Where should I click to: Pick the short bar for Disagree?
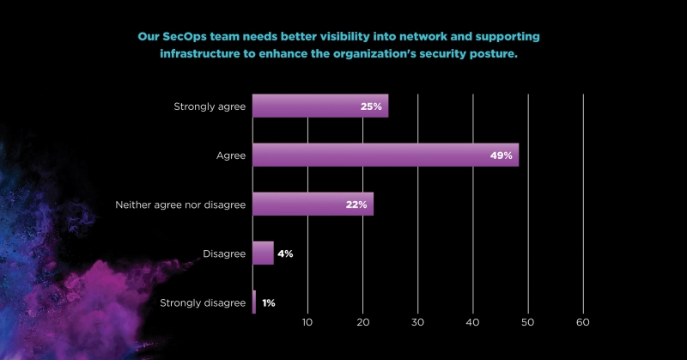[263, 253]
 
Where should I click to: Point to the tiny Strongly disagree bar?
[254, 302]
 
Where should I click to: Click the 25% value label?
[371, 107]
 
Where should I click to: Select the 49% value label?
[502, 156]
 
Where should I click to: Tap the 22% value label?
[356, 204]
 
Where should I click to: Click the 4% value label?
[285, 253]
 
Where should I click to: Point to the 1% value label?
[269, 302]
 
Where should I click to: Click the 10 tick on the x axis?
[307, 322]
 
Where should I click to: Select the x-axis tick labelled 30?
[417, 322]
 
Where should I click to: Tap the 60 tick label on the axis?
[583, 322]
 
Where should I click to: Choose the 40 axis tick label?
[473, 322]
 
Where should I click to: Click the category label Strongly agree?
[210, 107]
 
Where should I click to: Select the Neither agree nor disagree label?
[180, 204]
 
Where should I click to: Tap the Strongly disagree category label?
[203, 302]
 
